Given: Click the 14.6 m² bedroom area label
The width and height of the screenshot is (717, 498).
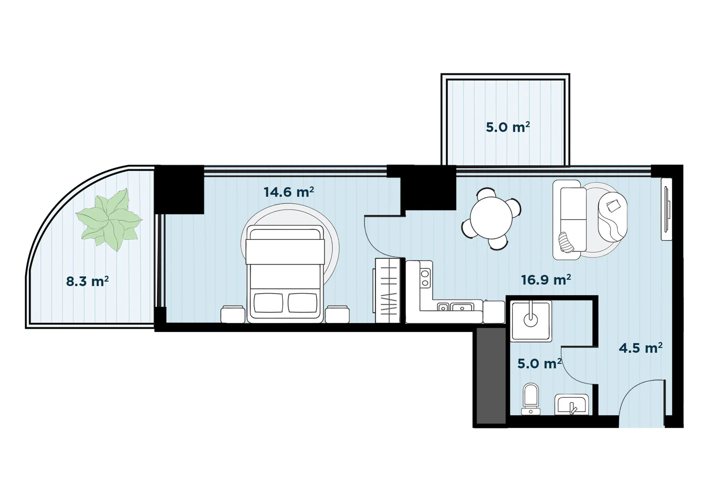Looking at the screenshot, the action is (289, 192).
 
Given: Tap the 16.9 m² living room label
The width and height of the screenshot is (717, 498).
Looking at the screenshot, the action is (546, 280).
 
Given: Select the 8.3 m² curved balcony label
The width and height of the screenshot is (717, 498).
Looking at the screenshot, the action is (88, 281).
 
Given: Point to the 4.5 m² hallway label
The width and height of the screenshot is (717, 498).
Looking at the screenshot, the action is (640, 348).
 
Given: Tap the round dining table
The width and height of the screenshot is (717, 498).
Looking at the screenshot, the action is (491, 219).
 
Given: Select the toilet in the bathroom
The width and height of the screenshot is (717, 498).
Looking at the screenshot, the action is (531, 399).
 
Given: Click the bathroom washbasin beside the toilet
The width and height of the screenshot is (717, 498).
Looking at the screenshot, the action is (571, 405).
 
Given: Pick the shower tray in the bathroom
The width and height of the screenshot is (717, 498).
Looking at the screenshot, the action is (531, 321).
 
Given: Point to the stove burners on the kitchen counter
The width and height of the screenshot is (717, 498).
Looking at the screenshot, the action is (425, 278).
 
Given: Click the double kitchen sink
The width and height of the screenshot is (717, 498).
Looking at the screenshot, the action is (455, 307).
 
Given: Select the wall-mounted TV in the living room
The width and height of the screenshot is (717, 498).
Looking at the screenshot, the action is (667, 209).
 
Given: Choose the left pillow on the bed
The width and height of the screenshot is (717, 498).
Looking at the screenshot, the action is (268, 303).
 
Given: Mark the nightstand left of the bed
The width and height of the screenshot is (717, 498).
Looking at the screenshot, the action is (233, 315).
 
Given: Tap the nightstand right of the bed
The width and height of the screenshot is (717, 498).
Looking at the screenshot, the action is (337, 315).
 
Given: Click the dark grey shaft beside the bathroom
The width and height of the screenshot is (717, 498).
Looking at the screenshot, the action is (491, 376).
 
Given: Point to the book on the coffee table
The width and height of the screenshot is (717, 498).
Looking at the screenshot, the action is (613, 206).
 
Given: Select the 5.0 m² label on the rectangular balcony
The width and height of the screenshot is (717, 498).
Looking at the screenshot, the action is (508, 127).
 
